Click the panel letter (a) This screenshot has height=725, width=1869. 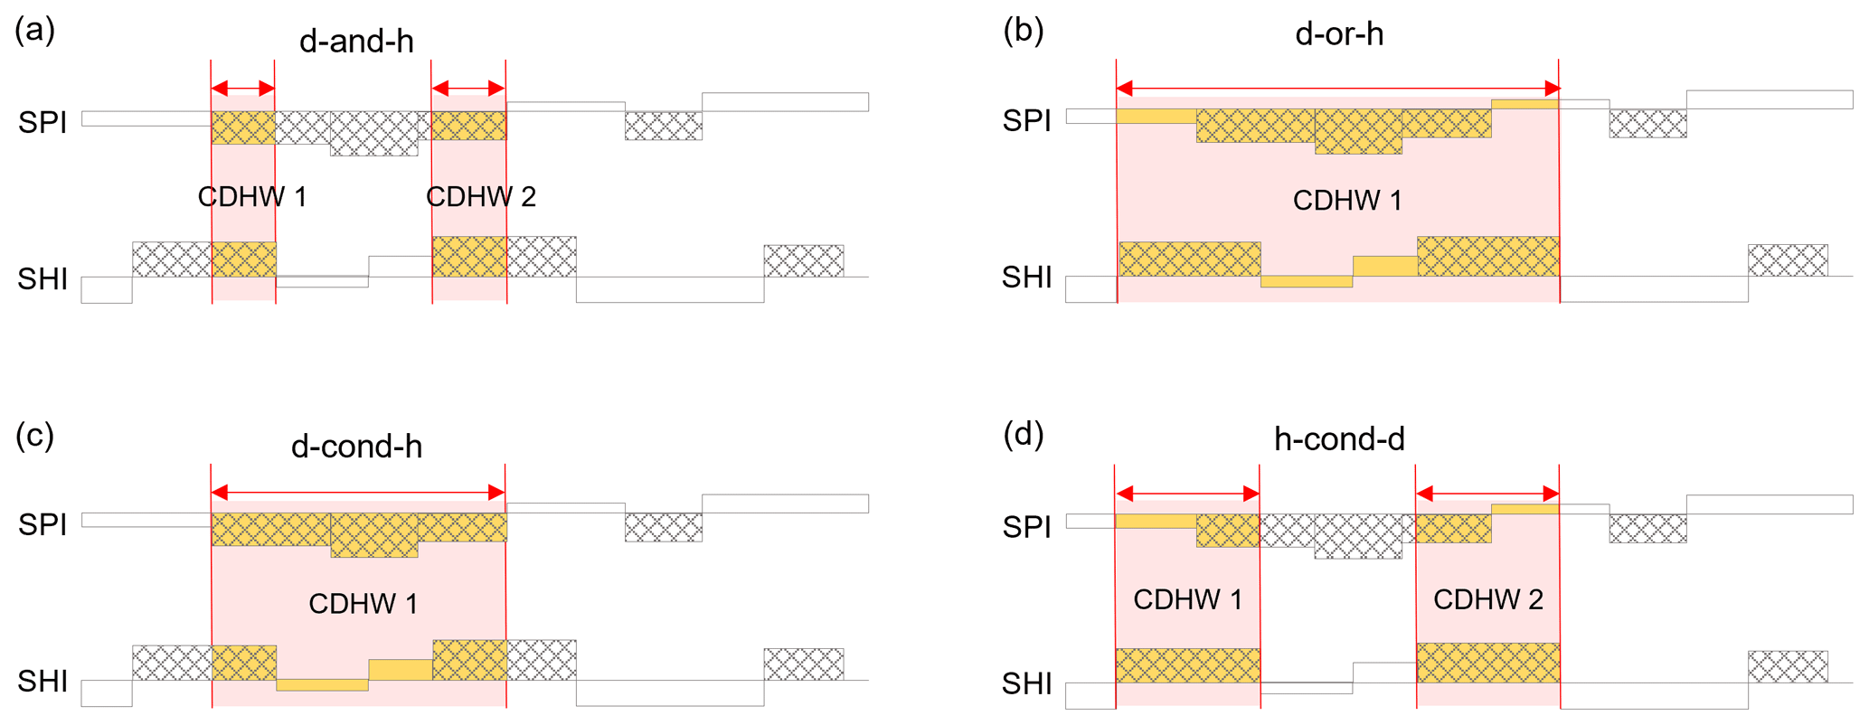[x=34, y=31]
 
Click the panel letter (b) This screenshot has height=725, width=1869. [x=1024, y=31]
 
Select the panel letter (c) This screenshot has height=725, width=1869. [x=34, y=436]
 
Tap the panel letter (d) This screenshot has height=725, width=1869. [x=1024, y=436]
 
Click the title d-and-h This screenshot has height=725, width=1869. [x=356, y=42]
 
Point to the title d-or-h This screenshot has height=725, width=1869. [x=1339, y=34]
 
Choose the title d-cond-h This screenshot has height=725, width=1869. [x=356, y=447]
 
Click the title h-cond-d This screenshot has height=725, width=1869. [x=1339, y=439]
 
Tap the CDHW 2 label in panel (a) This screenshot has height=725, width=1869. [x=481, y=197]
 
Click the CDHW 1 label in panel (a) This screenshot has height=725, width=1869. [x=252, y=197]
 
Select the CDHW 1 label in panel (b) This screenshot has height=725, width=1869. [x=1347, y=201]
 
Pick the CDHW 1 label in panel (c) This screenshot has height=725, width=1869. [x=363, y=604]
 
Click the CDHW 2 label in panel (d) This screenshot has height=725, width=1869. [x=1488, y=599]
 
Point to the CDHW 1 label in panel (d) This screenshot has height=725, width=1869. [x=1187, y=599]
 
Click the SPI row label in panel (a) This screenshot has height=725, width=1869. [x=42, y=122]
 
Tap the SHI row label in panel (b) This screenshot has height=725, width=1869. [x=1027, y=278]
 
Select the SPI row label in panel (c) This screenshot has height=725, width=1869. [x=42, y=524]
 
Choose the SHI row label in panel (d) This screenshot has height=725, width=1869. [x=1027, y=684]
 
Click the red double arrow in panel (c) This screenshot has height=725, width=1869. [x=358, y=493]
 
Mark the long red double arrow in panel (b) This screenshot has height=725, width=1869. [x=1338, y=88]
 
